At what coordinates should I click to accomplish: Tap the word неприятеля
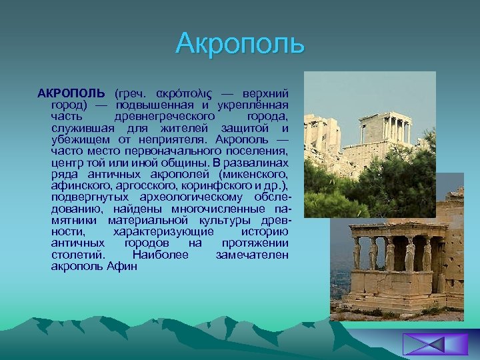175,139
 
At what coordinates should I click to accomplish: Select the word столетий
77,255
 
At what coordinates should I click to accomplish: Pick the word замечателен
252,255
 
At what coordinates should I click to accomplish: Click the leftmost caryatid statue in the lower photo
357,255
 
